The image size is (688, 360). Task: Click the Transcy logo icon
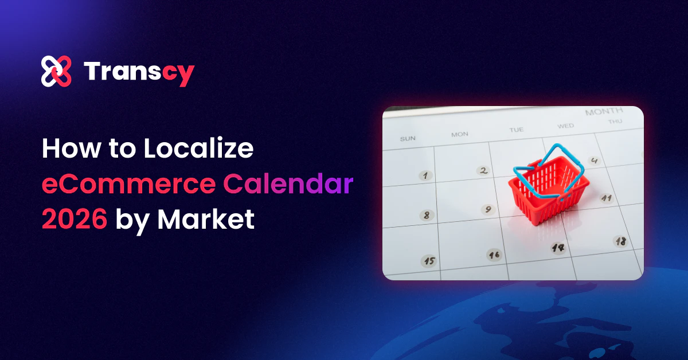tap(56, 72)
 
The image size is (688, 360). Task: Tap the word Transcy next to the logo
tap(139, 72)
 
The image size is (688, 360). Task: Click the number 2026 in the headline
tap(74, 220)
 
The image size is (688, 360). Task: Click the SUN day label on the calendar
tap(408, 138)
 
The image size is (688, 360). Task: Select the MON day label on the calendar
tap(460, 134)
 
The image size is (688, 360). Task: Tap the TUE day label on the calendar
tap(516, 130)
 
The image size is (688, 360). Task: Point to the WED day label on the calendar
tap(565, 126)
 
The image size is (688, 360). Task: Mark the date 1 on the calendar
tap(425, 175)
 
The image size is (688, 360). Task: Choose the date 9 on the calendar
tap(488, 209)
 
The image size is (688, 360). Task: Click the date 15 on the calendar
tap(429, 261)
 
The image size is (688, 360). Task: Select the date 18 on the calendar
tap(620, 241)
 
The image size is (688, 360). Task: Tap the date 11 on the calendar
tap(607, 198)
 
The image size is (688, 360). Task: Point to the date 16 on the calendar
tap(494, 254)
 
